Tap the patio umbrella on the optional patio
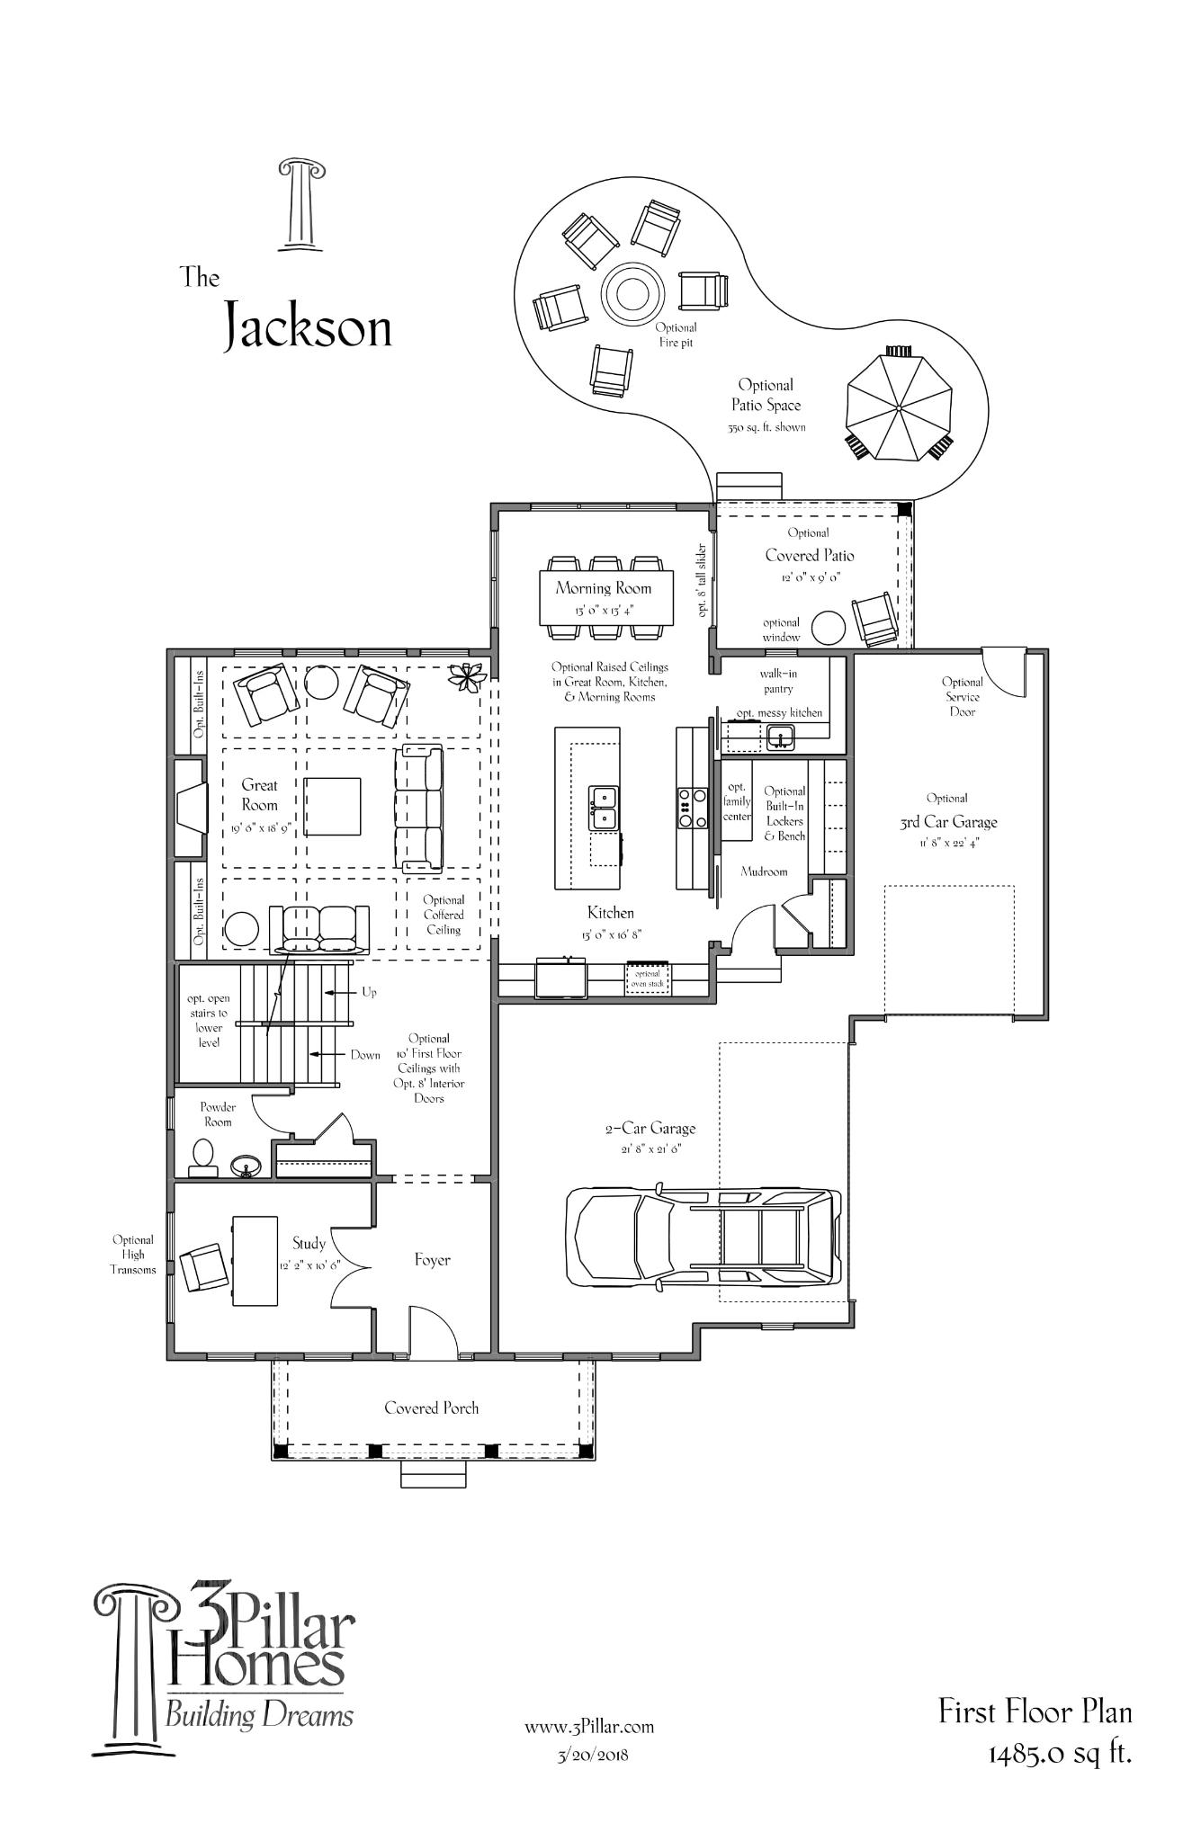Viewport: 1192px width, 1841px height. tap(899, 407)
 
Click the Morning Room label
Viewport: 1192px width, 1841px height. tap(603, 588)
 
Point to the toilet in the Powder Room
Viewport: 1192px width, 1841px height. tap(203, 1157)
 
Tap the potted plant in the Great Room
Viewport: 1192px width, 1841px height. tap(469, 675)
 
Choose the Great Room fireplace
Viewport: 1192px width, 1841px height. tap(191, 807)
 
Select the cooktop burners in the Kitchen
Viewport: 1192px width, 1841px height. tap(693, 808)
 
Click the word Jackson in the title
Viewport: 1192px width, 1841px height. tap(308, 326)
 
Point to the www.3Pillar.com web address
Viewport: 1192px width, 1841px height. tap(589, 1727)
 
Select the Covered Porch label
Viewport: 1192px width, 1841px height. tap(432, 1408)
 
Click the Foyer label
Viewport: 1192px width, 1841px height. tap(432, 1260)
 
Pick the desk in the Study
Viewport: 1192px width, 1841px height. tap(255, 1261)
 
